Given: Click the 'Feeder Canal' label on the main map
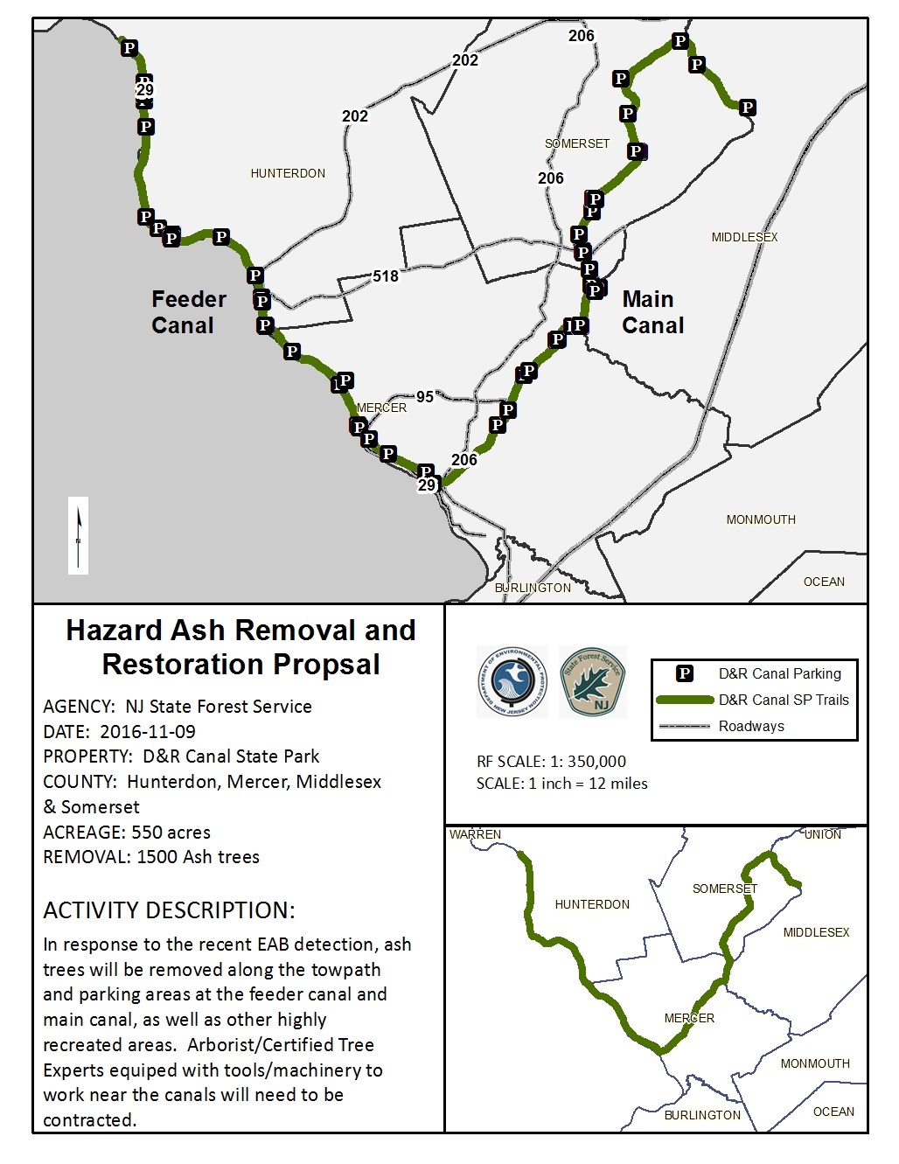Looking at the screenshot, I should click(188, 312).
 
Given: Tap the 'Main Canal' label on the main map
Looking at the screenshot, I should click(652, 312).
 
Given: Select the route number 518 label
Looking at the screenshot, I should click(386, 276).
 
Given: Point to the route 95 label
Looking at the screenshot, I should click(425, 397).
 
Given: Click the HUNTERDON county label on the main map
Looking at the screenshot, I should click(288, 173).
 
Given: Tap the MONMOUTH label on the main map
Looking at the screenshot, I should click(761, 519).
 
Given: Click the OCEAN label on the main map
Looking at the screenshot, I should click(824, 582).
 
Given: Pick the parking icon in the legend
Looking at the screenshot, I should click(685, 673).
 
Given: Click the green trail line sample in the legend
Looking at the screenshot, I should click(685, 700).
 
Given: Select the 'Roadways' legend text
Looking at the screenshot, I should click(751, 726).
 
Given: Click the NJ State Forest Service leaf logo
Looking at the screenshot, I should click(593, 682).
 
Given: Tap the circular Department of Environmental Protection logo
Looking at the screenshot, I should click(512, 682).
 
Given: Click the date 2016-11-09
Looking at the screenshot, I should click(148, 732).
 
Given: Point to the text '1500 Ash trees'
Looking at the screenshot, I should click(199, 857).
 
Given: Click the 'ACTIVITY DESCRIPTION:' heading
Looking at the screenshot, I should click(169, 910).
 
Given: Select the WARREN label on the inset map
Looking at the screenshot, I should click(475, 834).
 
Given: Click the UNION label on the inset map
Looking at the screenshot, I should click(823, 834).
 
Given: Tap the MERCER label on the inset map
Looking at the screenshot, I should click(689, 1018).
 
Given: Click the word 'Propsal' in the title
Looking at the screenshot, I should click(328, 665).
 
